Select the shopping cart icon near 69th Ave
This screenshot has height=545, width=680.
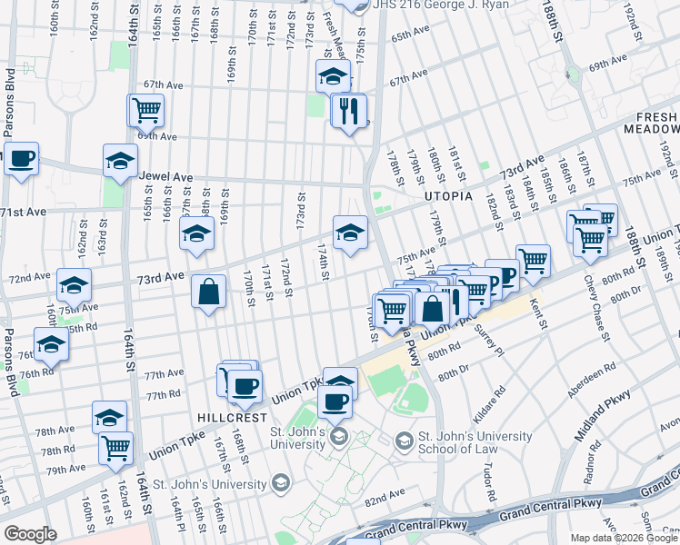[146, 112]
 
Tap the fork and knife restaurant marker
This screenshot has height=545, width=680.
[348, 112]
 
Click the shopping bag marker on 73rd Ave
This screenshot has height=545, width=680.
[209, 292]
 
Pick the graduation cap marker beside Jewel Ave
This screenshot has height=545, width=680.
[120, 162]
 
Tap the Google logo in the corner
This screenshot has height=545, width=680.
[30, 534]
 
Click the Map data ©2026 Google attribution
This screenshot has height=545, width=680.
[624, 538]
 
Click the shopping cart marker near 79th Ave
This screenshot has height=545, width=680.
[116, 447]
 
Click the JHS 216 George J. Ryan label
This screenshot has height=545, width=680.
[435, 5]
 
